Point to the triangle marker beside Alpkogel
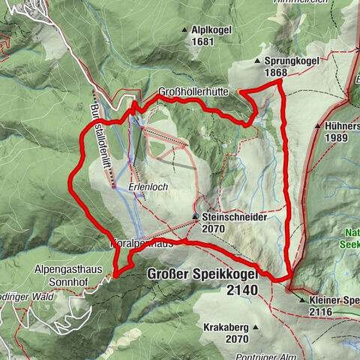click(184, 30)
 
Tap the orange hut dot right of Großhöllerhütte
click(239, 91)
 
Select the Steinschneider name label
click(235, 217)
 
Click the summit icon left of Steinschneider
click(196, 217)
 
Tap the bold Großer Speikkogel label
click(204, 274)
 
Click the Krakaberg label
click(226, 328)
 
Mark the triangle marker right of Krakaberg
click(255, 328)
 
